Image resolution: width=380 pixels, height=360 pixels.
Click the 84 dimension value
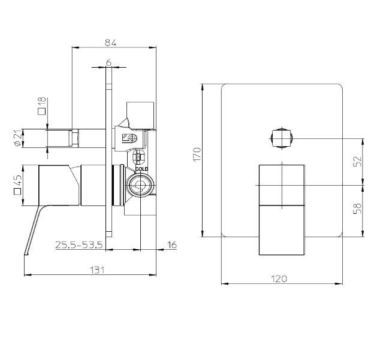(x=110, y=43)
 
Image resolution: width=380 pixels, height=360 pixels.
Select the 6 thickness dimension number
(x=109, y=63)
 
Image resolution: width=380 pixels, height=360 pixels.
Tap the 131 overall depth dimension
(x=97, y=270)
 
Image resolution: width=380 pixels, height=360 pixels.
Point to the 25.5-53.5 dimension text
(x=79, y=245)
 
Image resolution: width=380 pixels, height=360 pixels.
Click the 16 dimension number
(x=172, y=245)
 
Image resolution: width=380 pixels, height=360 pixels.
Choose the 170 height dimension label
(x=197, y=155)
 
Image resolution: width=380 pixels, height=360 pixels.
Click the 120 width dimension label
(x=279, y=279)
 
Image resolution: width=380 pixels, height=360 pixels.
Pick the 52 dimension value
(x=357, y=161)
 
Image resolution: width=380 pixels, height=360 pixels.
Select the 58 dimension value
(x=357, y=208)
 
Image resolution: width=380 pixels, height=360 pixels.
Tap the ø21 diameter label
(x=18, y=138)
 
